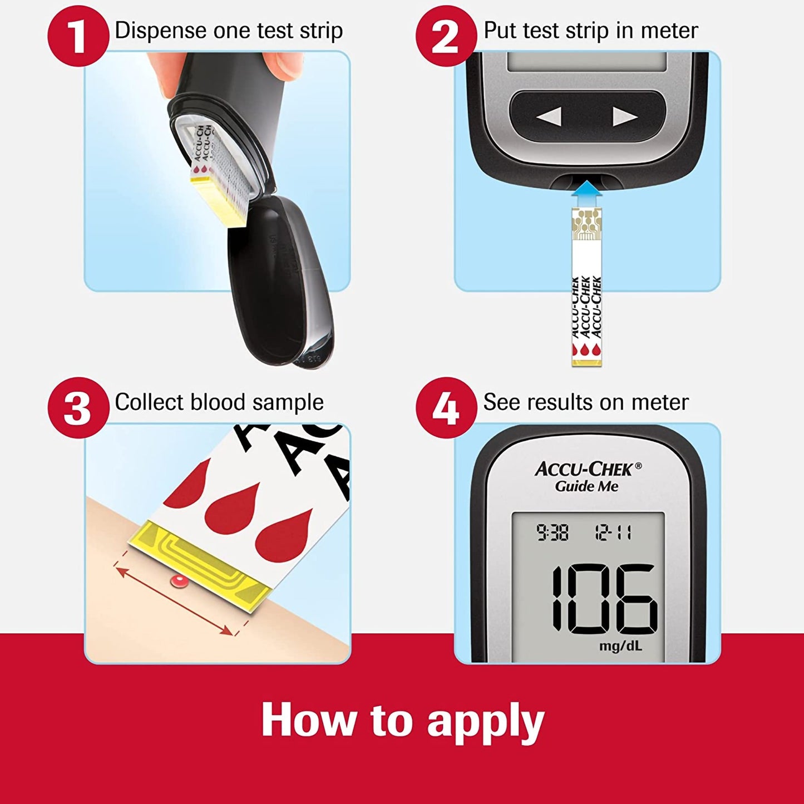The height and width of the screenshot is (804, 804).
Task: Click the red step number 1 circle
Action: pos(77,36)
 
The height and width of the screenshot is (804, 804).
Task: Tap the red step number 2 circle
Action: pos(446,36)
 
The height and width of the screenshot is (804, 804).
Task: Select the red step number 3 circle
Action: pos(77,407)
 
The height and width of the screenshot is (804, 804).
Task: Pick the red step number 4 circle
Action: pos(446,407)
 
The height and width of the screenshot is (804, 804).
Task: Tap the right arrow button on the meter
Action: pos(625,117)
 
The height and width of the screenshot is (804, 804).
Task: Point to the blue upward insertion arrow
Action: pos(587,194)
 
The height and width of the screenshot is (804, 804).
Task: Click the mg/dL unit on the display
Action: pos(620,646)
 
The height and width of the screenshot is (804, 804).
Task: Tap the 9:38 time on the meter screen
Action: pos(553,533)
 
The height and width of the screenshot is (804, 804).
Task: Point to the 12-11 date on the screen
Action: pos(613,533)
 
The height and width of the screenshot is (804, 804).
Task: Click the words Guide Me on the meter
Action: pos(586,486)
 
